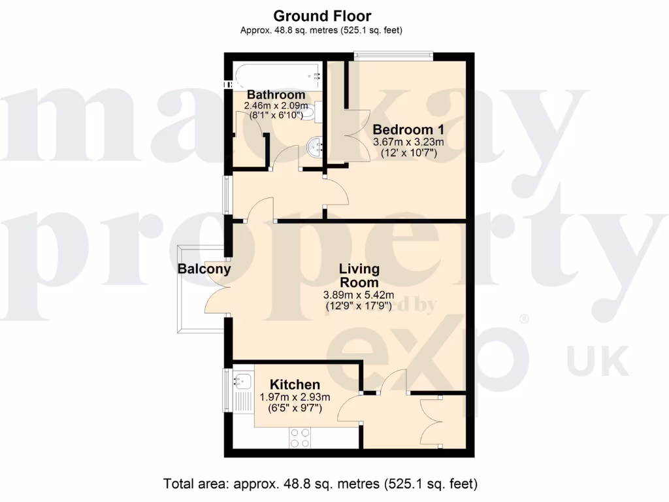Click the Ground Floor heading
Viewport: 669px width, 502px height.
tap(322, 16)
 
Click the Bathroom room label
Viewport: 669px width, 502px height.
tap(276, 95)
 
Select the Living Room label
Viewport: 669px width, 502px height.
tap(359, 275)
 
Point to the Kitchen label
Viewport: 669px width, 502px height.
tap(295, 385)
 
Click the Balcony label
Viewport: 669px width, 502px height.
tap(204, 269)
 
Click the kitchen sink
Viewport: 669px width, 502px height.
tap(244, 379)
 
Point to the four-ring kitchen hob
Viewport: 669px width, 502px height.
tap(301, 437)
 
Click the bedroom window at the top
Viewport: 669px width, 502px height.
tap(393, 56)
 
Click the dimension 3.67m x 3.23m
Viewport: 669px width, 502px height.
tap(408, 142)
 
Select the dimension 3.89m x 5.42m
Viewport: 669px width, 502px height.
tap(359, 294)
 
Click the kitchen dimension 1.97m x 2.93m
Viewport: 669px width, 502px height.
tap(295, 397)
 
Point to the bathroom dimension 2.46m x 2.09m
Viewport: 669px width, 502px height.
tap(276, 105)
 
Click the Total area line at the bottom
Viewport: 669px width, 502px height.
tap(321, 484)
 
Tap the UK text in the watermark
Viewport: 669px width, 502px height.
tap(597, 361)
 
